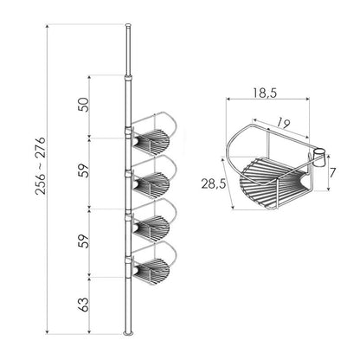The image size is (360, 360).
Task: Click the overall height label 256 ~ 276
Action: coord(41,166)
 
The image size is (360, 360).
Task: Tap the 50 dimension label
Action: coord(85,105)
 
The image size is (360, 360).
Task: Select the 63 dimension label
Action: coord(84,305)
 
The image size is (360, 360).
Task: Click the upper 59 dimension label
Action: coord(85,170)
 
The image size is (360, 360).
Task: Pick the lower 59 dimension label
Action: coord(85,241)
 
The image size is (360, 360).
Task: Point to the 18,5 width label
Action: coord(265,93)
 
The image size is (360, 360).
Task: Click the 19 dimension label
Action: coord(283,124)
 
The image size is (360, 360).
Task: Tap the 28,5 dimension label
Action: coord(214,183)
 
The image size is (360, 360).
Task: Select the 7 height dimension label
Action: coord(333,173)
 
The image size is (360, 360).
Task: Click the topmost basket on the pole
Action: coord(153,134)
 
